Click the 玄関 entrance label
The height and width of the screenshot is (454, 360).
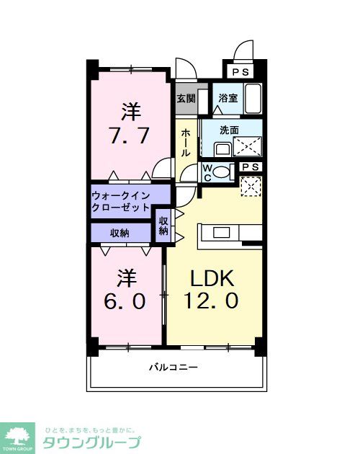[186, 98]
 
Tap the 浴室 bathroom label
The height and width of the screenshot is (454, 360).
[228, 98]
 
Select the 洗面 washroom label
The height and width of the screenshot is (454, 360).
[229, 131]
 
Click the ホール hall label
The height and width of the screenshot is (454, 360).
[186, 143]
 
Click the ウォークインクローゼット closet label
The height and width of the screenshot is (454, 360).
[121, 201]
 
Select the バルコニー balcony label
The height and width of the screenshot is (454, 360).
[174, 367]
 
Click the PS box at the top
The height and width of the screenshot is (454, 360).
[240, 72]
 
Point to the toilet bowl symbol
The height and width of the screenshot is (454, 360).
[222, 172]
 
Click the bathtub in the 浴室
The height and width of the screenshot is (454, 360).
[253, 97]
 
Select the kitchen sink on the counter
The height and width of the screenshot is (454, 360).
[221, 231]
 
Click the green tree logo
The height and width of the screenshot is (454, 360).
[19, 435]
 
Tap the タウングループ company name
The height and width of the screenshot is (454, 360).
[91, 442]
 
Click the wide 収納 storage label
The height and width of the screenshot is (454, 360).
[120, 233]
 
